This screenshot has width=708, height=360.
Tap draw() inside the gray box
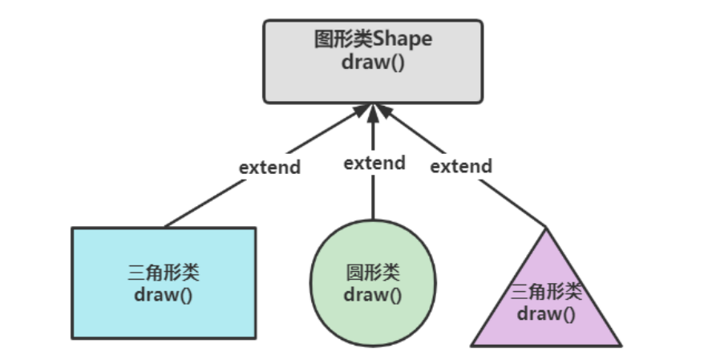click(374, 62)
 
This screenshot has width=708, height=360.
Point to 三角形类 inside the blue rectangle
click(164, 273)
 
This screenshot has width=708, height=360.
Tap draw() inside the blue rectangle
click(164, 293)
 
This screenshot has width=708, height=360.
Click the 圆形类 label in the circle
click(373, 273)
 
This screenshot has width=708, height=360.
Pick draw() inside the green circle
click(373, 293)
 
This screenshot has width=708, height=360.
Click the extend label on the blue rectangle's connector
click(269, 168)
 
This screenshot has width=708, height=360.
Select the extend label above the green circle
click(374, 163)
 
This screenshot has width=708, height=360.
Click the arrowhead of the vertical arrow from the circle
click(373, 111)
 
